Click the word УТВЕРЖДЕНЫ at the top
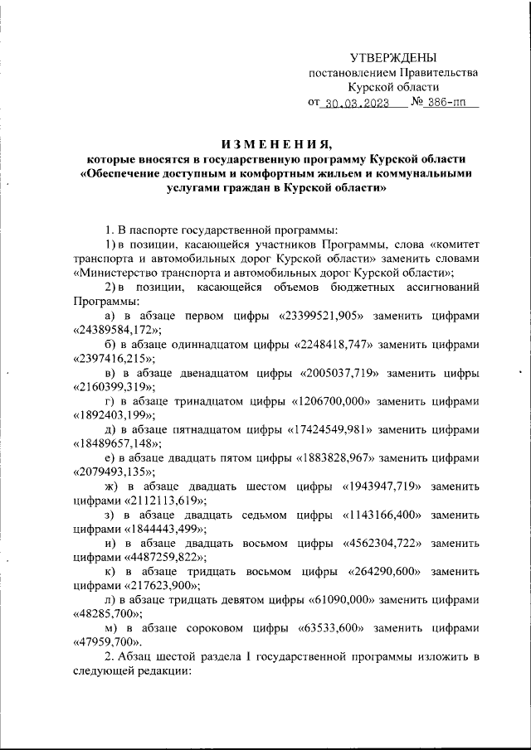(392, 57)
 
